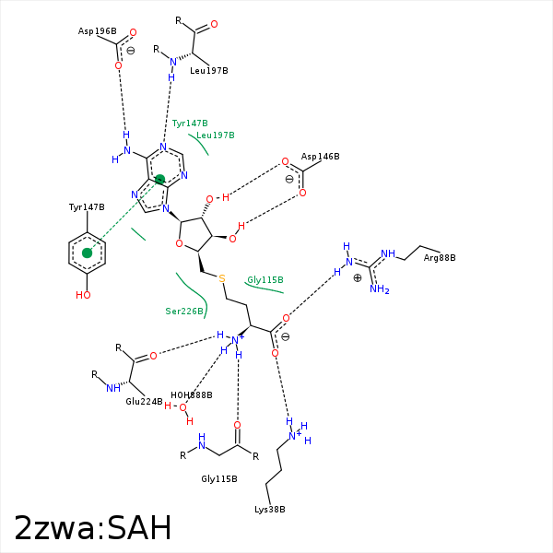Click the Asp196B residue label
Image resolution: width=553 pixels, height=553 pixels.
(97, 31)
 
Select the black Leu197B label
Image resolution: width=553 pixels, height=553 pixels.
(209, 70)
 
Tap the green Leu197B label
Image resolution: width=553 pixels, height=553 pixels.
(216, 135)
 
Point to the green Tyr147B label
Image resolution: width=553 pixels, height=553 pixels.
(190, 123)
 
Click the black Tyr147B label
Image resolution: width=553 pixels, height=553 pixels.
(87, 207)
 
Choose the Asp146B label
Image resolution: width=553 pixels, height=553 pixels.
(321, 157)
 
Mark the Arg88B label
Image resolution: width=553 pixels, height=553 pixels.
(440, 258)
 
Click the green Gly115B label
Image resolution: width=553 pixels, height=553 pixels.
(265, 280)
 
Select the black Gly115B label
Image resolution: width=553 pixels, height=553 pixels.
(219, 479)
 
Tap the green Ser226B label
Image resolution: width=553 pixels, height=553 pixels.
(184, 312)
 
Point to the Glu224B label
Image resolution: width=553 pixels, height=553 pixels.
(144, 402)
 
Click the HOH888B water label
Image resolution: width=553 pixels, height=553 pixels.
(192, 395)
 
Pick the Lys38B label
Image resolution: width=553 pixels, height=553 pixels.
(270, 510)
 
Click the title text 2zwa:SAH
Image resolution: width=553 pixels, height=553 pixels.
(93, 528)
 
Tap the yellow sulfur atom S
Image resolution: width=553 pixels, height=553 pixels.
(221, 278)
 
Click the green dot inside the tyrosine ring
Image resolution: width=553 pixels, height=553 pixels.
(88, 253)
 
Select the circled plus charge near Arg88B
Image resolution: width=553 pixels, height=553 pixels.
(358, 277)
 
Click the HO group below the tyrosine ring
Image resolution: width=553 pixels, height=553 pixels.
(84, 296)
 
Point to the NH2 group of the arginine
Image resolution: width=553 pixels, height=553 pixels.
(379, 289)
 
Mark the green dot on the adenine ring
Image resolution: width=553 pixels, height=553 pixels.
(159, 180)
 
